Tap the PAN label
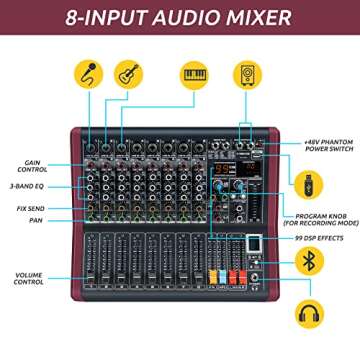[34, 219]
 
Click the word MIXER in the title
[255, 18]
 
